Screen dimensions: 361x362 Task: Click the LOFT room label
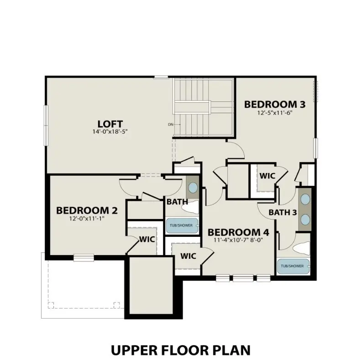tap(110, 124)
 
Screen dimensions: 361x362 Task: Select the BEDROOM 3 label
tap(274, 104)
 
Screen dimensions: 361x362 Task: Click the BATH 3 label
tap(283, 212)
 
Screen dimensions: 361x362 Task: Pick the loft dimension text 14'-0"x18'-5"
tap(110, 132)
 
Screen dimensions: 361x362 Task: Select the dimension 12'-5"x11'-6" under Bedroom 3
tap(274, 112)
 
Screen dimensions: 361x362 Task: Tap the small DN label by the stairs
tap(171, 124)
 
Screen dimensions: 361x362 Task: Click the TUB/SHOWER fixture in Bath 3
tap(293, 266)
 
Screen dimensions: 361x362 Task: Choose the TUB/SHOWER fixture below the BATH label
tap(182, 225)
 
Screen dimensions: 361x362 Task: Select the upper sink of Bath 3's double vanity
tap(305, 199)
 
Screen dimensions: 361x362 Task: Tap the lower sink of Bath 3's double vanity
tap(305, 220)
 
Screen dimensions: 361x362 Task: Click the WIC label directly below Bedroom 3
tap(267, 176)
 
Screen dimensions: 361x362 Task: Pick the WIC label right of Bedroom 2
tap(147, 239)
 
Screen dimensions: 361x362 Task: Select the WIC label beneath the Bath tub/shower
tap(188, 256)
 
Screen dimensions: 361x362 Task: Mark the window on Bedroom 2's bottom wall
tap(84, 258)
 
